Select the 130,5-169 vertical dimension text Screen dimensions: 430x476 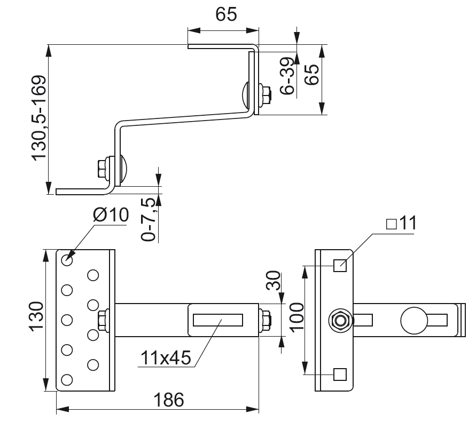pyautogui.click(x=40, y=118)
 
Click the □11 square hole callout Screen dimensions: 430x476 pyautogui.click(x=400, y=224)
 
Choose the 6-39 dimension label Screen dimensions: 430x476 pyautogui.click(x=287, y=75)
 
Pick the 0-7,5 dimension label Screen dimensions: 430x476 pyautogui.click(x=150, y=219)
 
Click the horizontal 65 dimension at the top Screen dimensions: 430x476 pyautogui.click(x=226, y=14)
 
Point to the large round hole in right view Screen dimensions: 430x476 pyautogui.click(x=414, y=320)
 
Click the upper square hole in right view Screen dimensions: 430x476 pyautogui.click(x=339, y=265)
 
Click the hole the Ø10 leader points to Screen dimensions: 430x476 pyautogui.click(x=67, y=260)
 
